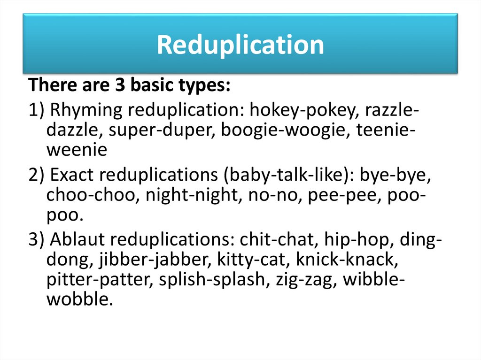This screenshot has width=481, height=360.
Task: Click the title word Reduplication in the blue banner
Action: pyautogui.click(x=240, y=45)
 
